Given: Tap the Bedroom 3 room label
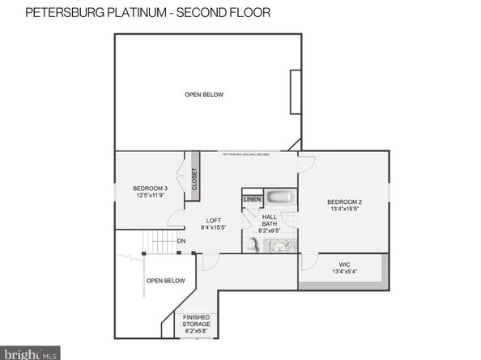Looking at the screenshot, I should (x=150, y=188).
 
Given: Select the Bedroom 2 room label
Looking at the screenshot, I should (x=343, y=201).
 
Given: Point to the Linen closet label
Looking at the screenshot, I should (x=252, y=199).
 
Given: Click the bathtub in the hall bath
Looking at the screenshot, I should (x=283, y=197).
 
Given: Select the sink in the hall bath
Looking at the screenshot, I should (x=279, y=247).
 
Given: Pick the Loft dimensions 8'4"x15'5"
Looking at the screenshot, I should (x=213, y=227).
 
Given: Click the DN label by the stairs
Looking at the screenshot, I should (x=181, y=240).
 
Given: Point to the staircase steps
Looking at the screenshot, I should (x=159, y=241).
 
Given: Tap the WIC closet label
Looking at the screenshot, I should (x=343, y=264).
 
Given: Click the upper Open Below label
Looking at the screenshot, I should (x=204, y=95).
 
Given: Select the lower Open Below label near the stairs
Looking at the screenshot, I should (x=165, y=281).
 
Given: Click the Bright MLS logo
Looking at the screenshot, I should (x=30, y=352).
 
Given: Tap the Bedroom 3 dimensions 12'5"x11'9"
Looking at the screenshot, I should (x=150, y=195).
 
